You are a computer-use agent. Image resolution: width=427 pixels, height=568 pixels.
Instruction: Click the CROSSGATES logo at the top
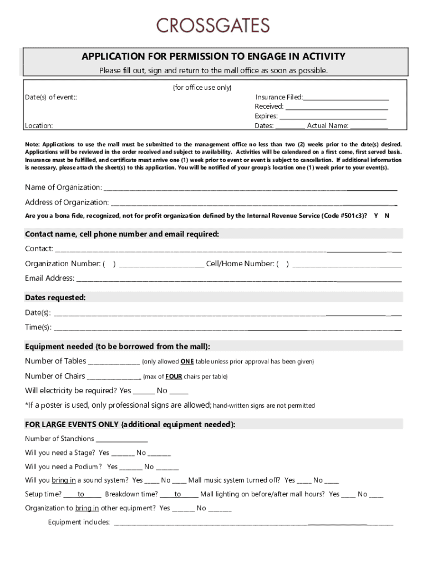tap(213, 26)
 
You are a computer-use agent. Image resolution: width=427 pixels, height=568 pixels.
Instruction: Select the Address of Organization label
tap(67, 202)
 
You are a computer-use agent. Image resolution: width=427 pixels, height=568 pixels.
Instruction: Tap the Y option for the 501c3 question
tap(377, 215)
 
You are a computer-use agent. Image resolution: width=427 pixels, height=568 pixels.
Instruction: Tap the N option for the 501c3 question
tap(387, 215)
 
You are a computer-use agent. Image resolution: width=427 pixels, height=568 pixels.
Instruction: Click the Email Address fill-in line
tap(238, 279)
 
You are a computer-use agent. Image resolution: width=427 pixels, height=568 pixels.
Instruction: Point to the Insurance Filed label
tap(279, 97)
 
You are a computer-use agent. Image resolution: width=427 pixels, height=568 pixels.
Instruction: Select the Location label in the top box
tap(39, 126)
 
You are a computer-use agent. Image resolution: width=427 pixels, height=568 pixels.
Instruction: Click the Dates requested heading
tap(55, 298)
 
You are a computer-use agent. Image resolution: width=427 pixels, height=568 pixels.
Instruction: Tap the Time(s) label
tap(38, 327)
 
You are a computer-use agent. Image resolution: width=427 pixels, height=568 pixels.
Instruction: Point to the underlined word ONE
tap(187, 362)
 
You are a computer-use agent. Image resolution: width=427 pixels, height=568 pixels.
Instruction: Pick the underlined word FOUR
tap(174, 377)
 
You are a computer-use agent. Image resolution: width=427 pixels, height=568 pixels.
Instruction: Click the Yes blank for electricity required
tap(144, 392)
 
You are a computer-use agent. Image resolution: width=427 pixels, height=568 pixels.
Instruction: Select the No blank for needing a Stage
tap(160, 454)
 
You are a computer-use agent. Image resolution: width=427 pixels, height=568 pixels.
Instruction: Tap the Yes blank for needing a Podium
tap(131, 468)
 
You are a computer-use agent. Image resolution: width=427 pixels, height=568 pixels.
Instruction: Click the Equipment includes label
tap(79, 523)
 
